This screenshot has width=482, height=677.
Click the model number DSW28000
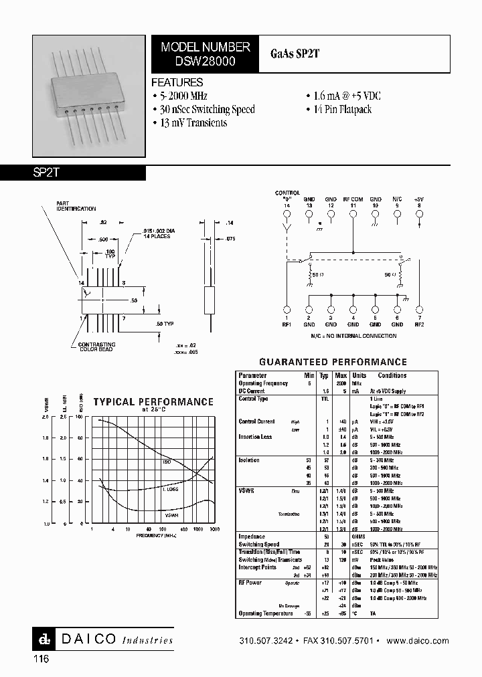click(206, 60)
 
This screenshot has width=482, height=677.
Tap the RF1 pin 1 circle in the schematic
click(287, 309)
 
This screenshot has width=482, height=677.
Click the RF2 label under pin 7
click(419, 324)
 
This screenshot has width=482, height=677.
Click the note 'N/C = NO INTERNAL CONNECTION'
click(353, 336)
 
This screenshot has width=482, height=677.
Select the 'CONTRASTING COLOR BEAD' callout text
click(97, 347)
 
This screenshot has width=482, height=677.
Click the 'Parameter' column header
click(253, 376)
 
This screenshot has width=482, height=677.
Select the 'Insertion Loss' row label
click(255, 437)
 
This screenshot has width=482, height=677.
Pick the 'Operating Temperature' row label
click(266, 613)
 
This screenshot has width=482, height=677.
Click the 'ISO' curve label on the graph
click(167, 462)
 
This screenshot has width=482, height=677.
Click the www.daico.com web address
click(418, 641)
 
